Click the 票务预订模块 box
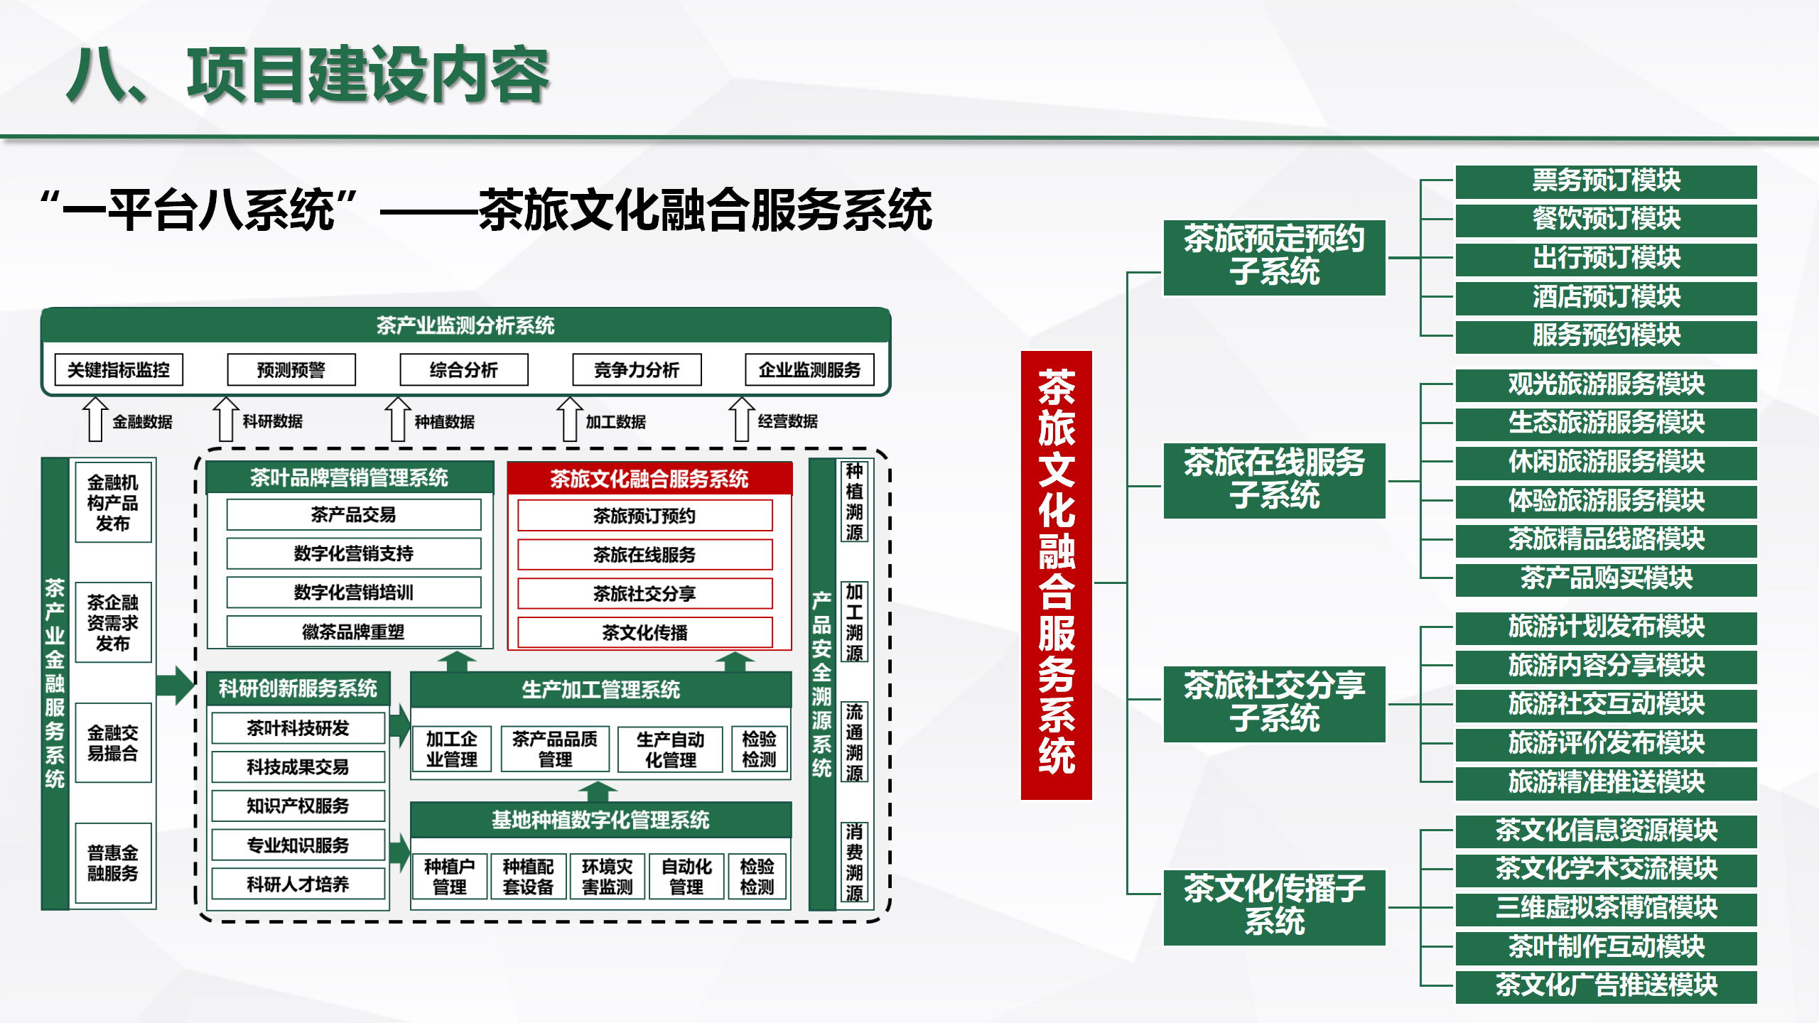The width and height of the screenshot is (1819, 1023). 1606,181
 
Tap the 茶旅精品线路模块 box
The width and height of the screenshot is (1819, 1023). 1606,540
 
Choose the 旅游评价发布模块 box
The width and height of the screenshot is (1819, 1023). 1606,744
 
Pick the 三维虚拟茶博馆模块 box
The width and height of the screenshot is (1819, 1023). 1606,909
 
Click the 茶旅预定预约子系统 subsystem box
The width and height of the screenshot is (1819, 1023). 1275,257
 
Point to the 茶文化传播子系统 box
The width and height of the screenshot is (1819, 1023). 1275,907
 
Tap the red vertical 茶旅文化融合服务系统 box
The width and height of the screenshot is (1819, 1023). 1057,575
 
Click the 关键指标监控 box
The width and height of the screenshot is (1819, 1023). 119,369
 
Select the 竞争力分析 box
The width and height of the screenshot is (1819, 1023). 637,369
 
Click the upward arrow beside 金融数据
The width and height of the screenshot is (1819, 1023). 95,419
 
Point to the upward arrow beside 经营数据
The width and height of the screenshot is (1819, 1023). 741,419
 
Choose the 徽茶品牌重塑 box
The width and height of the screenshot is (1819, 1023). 354,632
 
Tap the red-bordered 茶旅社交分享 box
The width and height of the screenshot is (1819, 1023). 645,593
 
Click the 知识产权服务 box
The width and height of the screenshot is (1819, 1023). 298,806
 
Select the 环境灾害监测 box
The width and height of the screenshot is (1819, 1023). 607,877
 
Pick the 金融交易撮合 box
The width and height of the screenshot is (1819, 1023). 113,742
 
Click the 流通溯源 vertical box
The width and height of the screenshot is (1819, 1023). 854,742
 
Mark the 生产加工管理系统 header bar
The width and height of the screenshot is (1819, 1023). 600,689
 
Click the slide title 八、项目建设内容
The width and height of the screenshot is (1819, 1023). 308,75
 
